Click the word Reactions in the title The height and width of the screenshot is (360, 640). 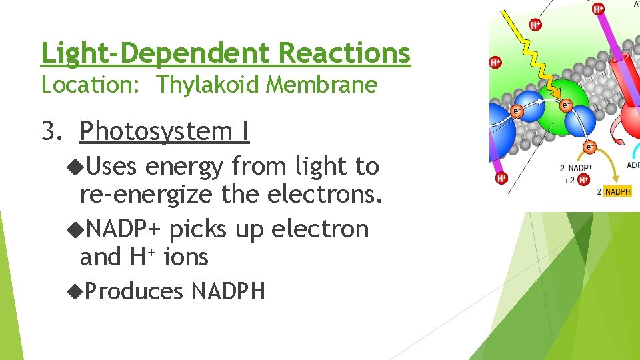click(x=345, y=53)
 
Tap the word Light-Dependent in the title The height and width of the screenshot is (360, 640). click(x=157, y=53)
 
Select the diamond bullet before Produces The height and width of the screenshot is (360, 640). click(x=74, y=290)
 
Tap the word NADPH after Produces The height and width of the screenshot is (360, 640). click(x=228, y=291)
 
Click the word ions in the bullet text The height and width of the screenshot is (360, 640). click(x=186, y=257)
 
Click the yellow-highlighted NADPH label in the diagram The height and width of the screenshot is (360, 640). click(x=617, y=191)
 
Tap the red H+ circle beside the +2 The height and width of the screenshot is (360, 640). click(x=583, y=179)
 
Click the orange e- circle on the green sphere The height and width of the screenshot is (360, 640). click(x=566, y=105)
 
